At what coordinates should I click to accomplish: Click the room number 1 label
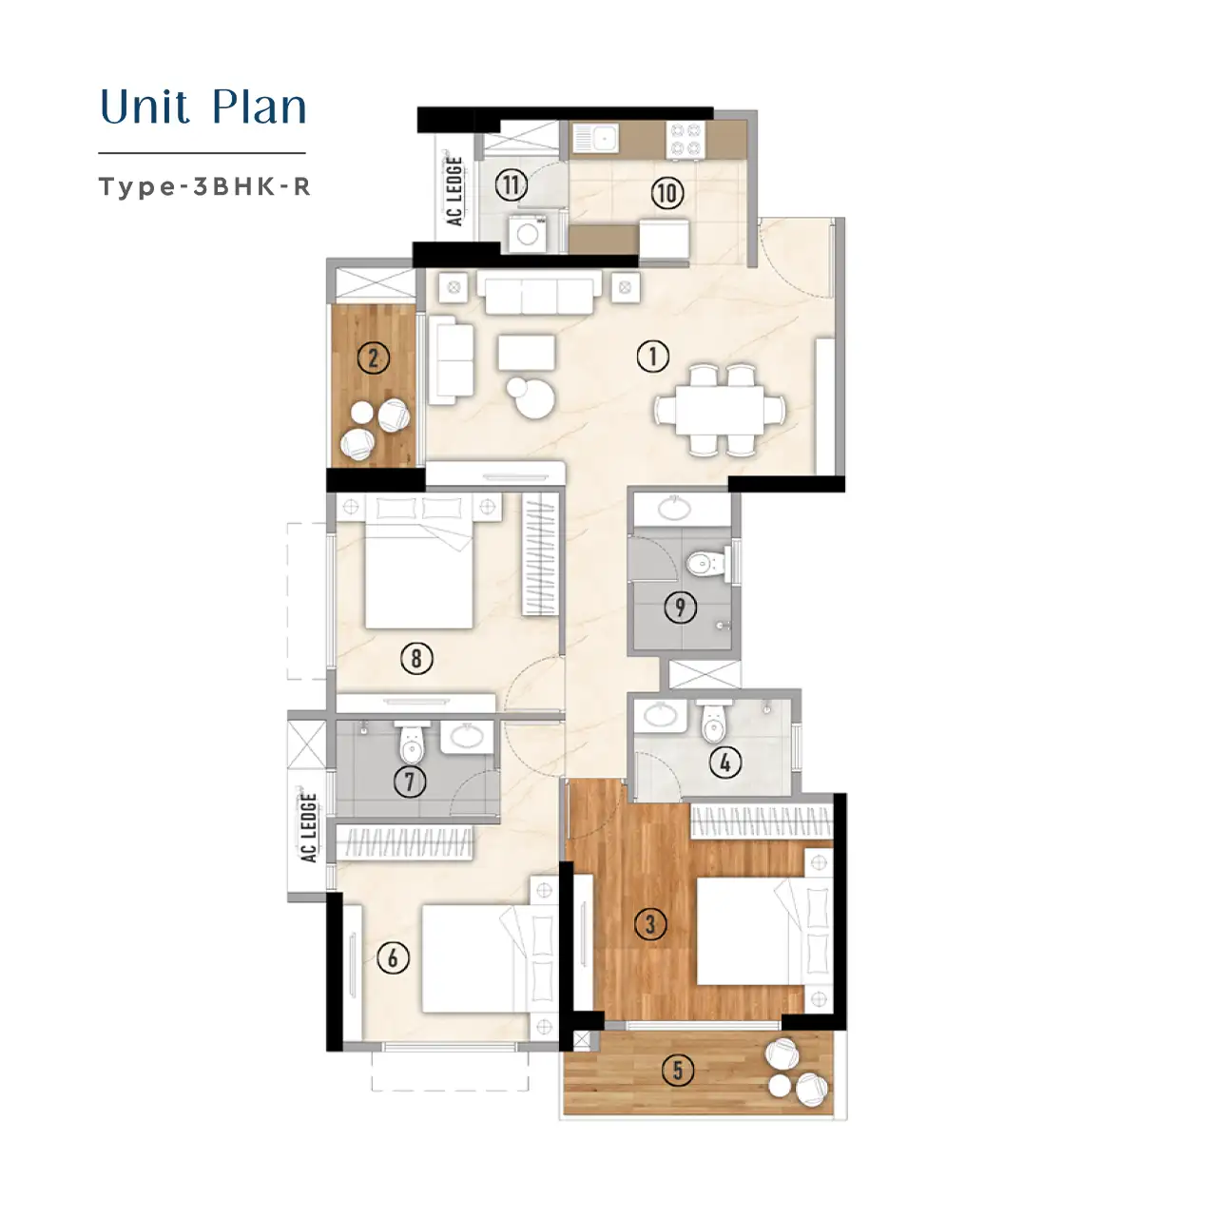[x=652, y=357]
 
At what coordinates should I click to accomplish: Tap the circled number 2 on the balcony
[x=373, y=357]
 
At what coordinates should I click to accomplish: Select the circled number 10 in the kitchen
[x=667, y=193]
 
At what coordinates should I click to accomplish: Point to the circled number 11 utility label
[x=512, y=184]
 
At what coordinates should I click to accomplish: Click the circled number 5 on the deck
[x=677, y=1070]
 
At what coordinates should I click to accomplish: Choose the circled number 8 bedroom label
[x=415, y=658]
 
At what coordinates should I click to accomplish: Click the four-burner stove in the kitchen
[x=686, y=140]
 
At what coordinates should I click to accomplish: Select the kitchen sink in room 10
[x=594, y=140]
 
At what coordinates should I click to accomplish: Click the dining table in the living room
[x=720, y=410]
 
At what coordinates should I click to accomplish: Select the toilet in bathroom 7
[x=411, y=744]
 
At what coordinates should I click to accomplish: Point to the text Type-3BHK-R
[x=204, y=186]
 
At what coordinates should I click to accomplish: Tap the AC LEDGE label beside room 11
[x=454, y=191]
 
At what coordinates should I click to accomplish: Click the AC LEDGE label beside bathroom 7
[x=308, y=828]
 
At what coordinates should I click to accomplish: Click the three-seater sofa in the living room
[x=543, y=294]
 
